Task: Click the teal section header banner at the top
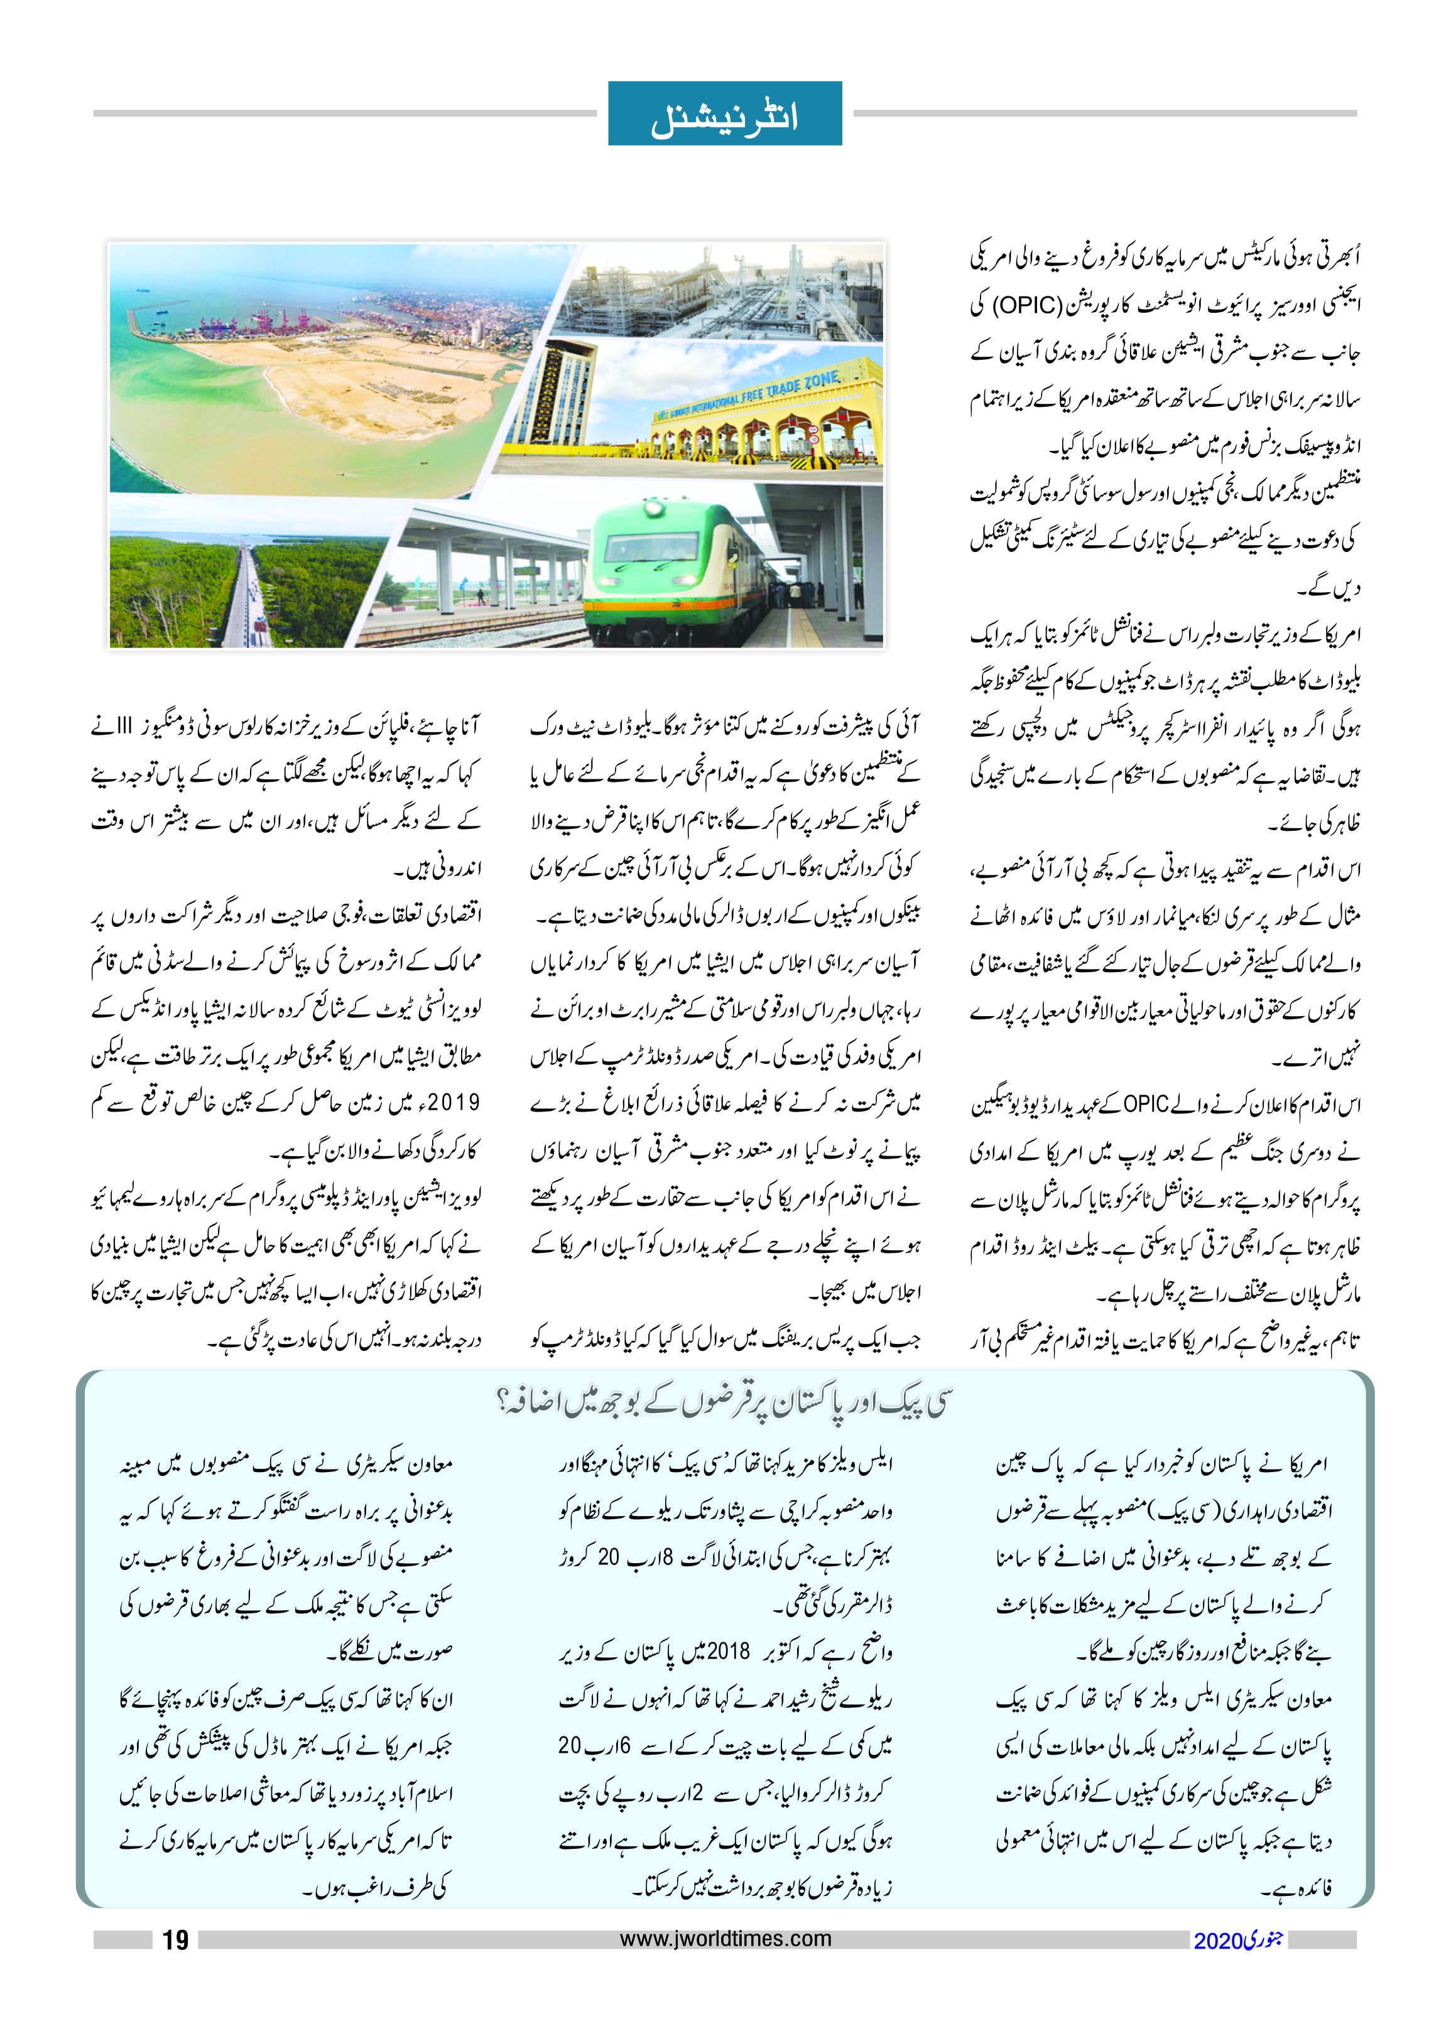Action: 725,114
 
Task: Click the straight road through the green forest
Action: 244,594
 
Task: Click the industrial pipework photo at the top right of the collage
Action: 724,290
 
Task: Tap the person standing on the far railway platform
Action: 480,596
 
